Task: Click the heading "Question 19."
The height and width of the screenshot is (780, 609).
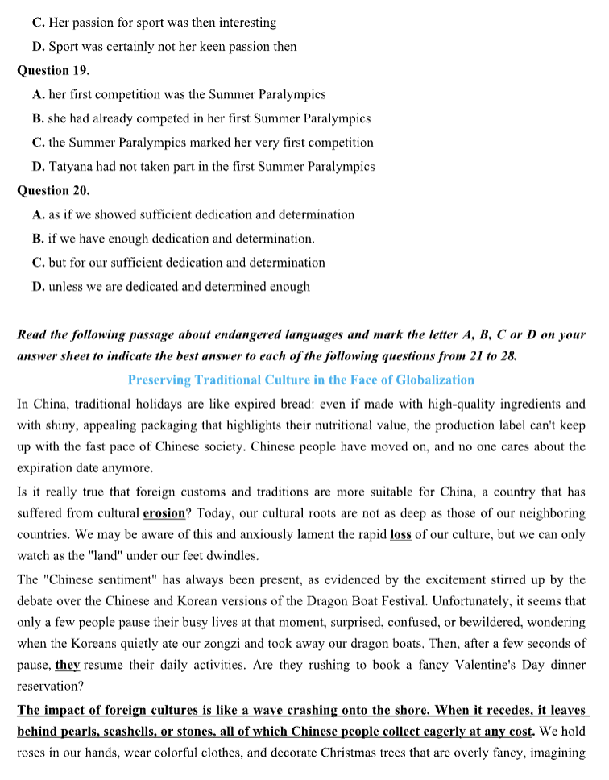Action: [x=53, y=70]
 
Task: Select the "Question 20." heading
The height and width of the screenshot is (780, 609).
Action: [x=53, y=191]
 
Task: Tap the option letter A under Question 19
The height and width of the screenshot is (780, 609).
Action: [x=38, y=94]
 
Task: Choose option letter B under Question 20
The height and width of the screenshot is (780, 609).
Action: [x=38, y=239]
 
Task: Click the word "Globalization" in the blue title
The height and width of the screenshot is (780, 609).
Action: [x=436, y=380]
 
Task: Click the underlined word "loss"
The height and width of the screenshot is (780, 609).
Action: [x=400, y=534]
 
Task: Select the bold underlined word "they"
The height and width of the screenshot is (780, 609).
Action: [x=68, y=666]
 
